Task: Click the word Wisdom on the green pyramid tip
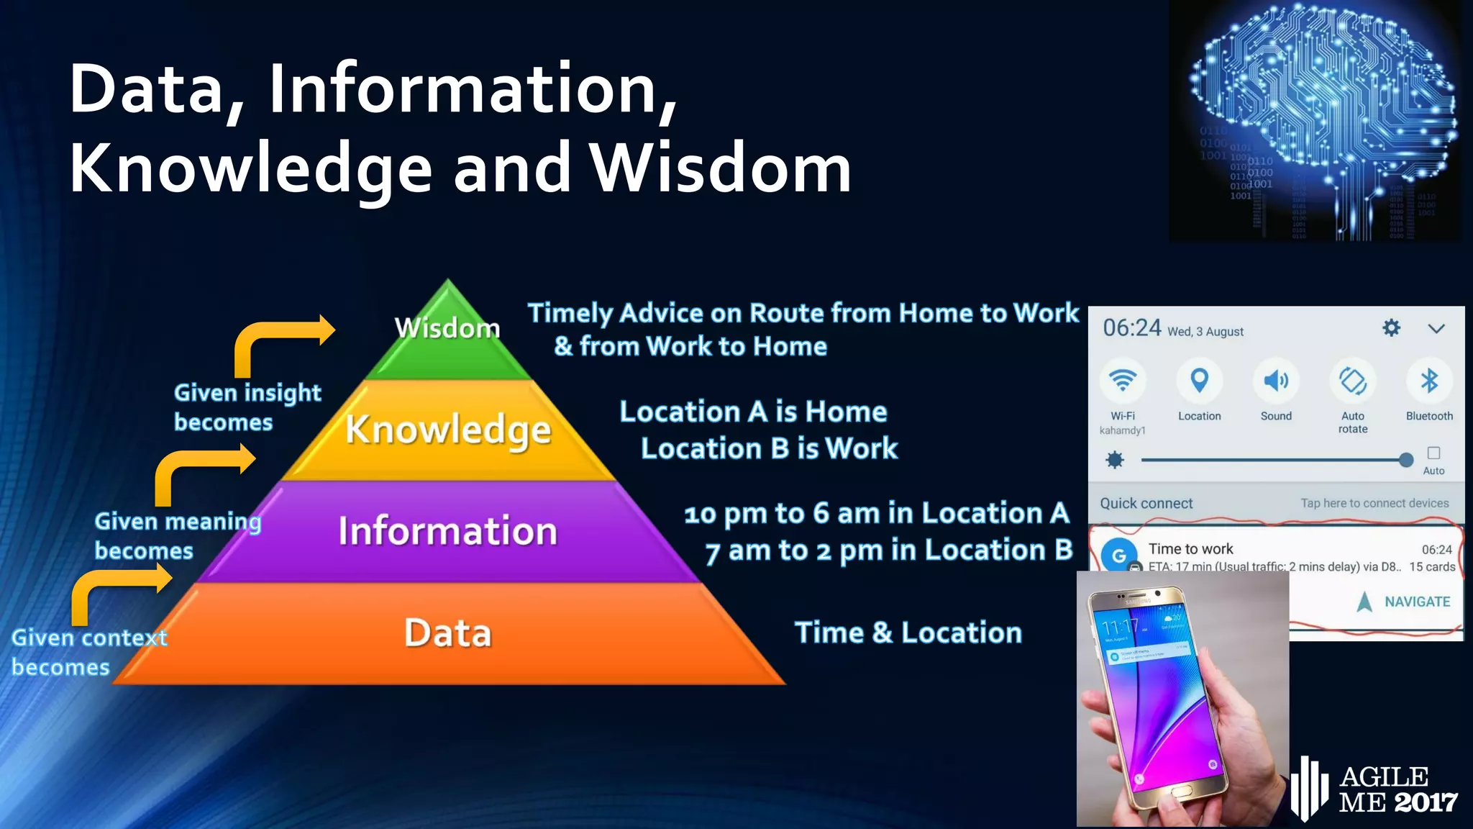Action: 447,328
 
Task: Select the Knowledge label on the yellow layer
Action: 448,430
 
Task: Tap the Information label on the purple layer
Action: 447,531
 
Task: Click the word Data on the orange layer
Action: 447,633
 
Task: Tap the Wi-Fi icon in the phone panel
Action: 1122,381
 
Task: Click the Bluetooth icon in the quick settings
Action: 1428,381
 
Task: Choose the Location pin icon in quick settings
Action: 1199,381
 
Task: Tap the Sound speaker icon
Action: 1275,381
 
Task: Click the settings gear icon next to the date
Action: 1391,328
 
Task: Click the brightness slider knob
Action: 1405,460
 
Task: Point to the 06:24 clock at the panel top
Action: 1131,328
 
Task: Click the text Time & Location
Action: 908,633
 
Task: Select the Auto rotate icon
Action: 1352,381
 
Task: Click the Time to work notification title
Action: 1190,549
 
